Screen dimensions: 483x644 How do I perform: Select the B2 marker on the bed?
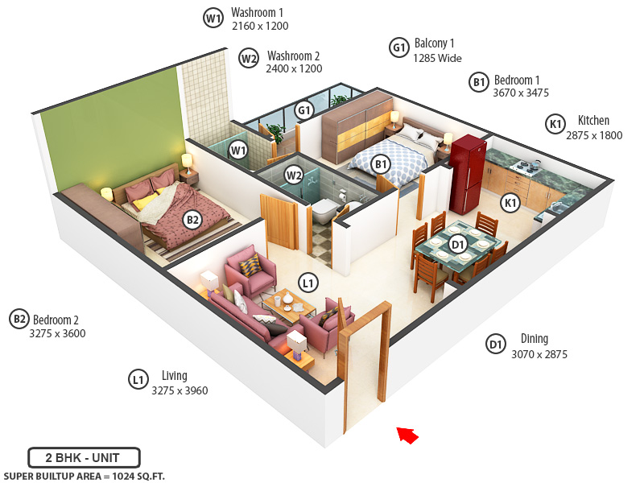192,219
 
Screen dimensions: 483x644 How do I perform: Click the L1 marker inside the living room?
308,283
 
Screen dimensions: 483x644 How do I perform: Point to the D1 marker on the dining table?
458,242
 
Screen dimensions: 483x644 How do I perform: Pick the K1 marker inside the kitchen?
510,203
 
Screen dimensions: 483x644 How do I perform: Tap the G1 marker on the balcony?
303,110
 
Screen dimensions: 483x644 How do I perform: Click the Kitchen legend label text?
593,122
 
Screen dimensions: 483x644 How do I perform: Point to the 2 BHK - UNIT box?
84,457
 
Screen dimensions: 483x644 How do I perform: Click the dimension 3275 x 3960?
180,391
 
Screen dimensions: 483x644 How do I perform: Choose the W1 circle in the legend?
213,19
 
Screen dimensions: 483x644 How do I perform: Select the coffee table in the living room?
287,303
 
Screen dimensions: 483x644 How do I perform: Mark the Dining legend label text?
535,339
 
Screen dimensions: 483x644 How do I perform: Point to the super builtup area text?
84,476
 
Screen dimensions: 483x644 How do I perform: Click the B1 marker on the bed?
381,164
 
